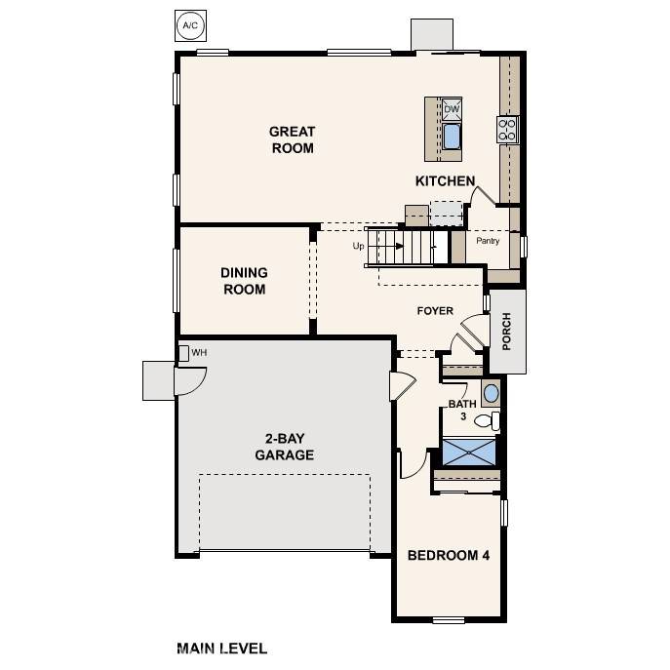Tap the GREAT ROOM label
coord(292,139)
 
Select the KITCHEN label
coord(445,181)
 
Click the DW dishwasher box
coord(452,109)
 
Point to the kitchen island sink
coord(452,136)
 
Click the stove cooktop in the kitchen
coord(507,129)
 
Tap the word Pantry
coord(488,240)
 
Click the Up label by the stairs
coord(358,247)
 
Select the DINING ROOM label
coord(244,281)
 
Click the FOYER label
coord(435,311)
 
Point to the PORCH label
coord(506,331)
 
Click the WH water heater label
coord(199,352)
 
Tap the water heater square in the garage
coord(183,352)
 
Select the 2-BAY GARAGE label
coord(284,447)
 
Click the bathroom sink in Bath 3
coord(491,394)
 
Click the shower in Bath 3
coord(469,452)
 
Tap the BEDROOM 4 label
coord(448,555)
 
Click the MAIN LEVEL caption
coord(221,648)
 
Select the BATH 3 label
coord(461,410)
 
